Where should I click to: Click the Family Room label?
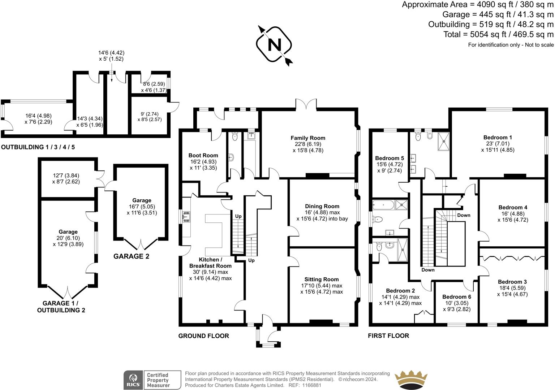point(308,138)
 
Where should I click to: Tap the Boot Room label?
point(203,156)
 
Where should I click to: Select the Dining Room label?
point(322,207)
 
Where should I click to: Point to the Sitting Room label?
point(321,279)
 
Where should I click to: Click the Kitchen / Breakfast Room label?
point(210,263)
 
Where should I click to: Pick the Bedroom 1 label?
point(498,138)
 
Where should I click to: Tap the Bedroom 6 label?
point(457,297)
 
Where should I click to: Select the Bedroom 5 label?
point(390,158)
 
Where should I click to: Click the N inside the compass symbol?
point(274,45)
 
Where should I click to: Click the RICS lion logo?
point(133,380)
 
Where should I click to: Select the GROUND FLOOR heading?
point(203,336)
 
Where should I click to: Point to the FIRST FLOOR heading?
point(388,336)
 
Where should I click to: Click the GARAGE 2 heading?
point(131,257)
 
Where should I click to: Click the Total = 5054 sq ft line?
point(498,34)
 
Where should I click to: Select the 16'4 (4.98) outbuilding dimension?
point(38,116)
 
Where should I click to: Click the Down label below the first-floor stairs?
point(428,270)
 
